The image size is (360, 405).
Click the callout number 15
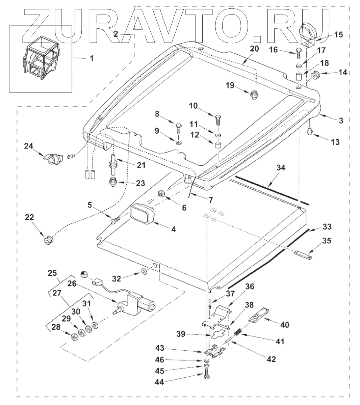tap(338, 34)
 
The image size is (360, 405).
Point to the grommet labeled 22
tap(49, 241)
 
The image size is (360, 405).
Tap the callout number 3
tap(341, 120)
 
